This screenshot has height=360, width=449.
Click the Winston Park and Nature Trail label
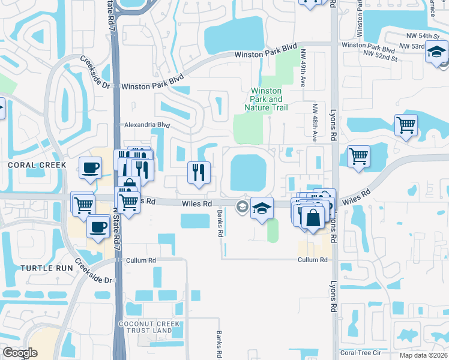coord(266,99)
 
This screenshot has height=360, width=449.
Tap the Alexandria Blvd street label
coord(147,125)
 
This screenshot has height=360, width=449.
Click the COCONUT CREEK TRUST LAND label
coord(146,327)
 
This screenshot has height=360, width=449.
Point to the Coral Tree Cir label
coord(360,353)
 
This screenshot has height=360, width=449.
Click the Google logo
coord(20,353)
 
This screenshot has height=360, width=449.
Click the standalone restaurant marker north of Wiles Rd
coord(199,173)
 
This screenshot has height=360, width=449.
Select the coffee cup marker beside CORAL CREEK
coord(91,168)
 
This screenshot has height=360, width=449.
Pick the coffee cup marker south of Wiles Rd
coord(98,227)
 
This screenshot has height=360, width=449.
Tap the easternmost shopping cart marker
coord(406,125)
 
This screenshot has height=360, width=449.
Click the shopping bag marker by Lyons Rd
coord(313,218)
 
